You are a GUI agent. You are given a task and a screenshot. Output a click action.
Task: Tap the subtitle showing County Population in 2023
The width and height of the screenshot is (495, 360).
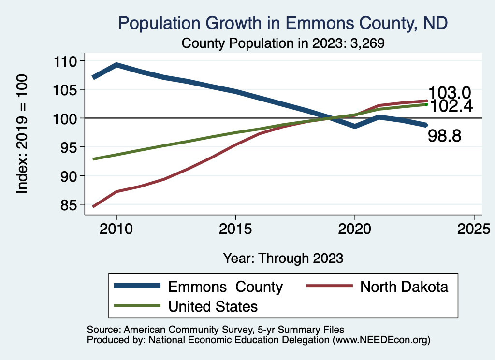(283, 43)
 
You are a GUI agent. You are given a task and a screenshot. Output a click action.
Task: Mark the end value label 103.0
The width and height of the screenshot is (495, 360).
(450, 93)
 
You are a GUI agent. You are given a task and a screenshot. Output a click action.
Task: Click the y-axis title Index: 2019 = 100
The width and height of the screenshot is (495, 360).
(22, 134)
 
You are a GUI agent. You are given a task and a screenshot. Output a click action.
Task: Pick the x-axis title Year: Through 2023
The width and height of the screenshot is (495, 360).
(283, 258)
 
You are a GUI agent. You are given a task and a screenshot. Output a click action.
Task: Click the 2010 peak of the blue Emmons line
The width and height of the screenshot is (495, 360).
(116, 64)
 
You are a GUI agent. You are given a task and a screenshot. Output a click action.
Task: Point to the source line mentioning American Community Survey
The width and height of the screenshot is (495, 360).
(216, 330)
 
